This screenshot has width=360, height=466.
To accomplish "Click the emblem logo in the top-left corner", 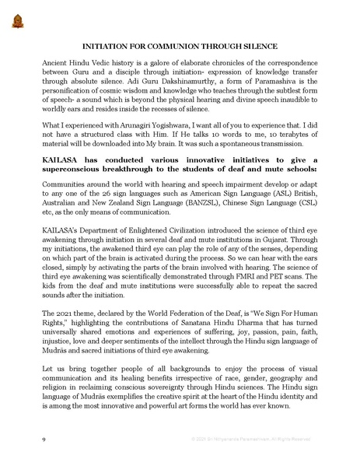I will coord(17,19).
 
